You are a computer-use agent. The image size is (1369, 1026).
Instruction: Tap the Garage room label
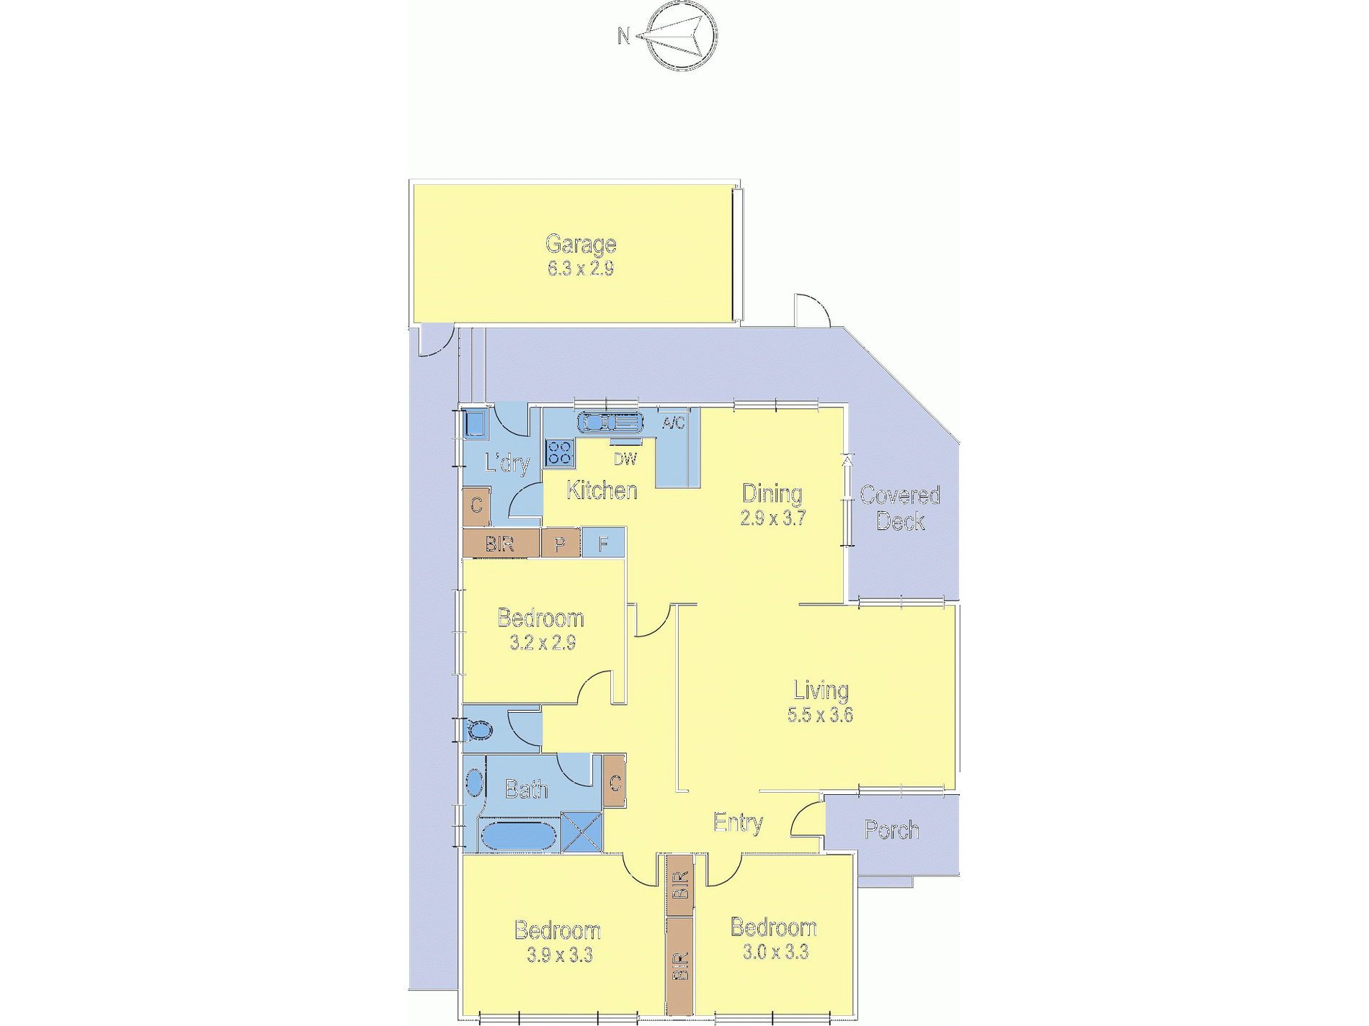[x=581, y=245]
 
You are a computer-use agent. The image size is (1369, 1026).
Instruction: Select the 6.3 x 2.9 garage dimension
[x=581, y=269]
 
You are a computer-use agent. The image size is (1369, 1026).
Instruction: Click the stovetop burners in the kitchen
[x=559, y=454]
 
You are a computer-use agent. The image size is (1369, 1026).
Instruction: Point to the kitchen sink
[x=610, y=422]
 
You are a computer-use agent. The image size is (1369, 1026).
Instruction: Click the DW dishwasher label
[x=625, y=459]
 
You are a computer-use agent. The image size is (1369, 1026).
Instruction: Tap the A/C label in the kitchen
[x=674, y=423]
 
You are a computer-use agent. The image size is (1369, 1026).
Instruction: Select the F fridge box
[x=603, y=543]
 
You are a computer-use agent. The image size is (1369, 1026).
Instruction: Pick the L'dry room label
[x=507, y=463]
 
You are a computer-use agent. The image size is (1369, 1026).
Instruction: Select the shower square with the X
[x=581, y=832]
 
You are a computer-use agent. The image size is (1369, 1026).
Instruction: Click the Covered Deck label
[x=900, y=508]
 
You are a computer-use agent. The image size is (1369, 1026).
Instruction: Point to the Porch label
[x=891, y=830]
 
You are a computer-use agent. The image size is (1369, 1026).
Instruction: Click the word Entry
[x=738, y=822]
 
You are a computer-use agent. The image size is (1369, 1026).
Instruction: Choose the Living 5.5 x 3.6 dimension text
[x=821, y=715]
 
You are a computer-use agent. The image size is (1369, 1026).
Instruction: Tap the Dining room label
[x=772, y=493]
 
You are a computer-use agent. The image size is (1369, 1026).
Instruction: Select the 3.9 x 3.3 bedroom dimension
[x=560, y=955]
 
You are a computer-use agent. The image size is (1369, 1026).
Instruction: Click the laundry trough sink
[x=474, y=423]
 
